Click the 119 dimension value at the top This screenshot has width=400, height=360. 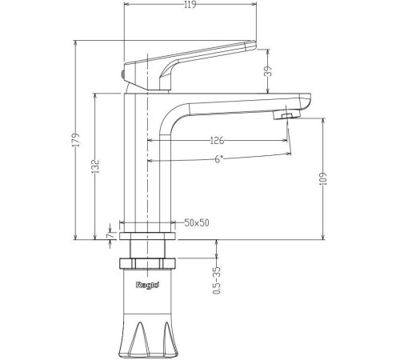click(x=190, y=6)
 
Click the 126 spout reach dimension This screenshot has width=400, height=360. click(x=216, y=142)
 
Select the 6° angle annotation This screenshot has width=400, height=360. click(x=218, y=158)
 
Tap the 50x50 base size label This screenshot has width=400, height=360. click(x=196, y=222)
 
